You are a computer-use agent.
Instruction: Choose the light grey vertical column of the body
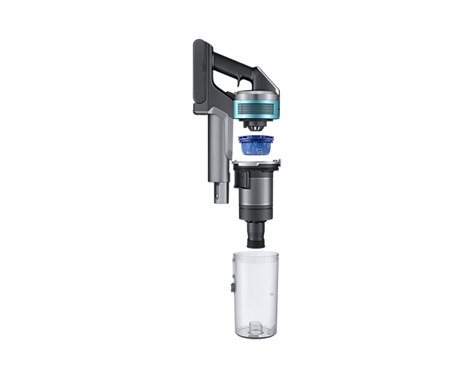coord(216,152)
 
